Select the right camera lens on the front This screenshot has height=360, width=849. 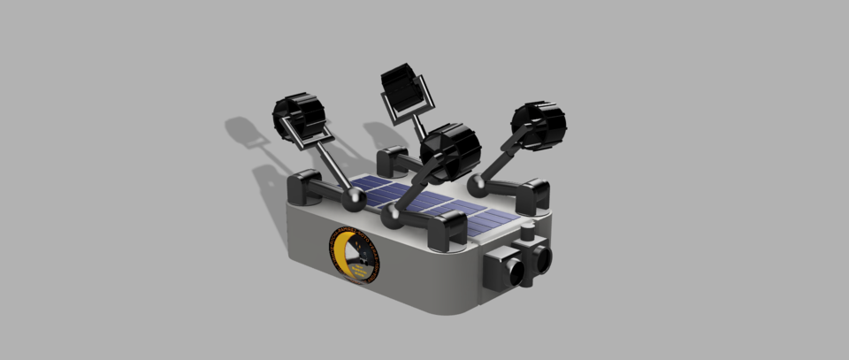(x=540, y=257)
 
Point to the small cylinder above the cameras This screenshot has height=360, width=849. (x=529, y=234)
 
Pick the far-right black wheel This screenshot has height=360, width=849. (x=539, y=124)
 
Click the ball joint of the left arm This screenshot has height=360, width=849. (x=354, y=199)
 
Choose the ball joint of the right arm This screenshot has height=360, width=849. (x=478, y=185)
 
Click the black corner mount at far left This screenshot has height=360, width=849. (x=306, y=188)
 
